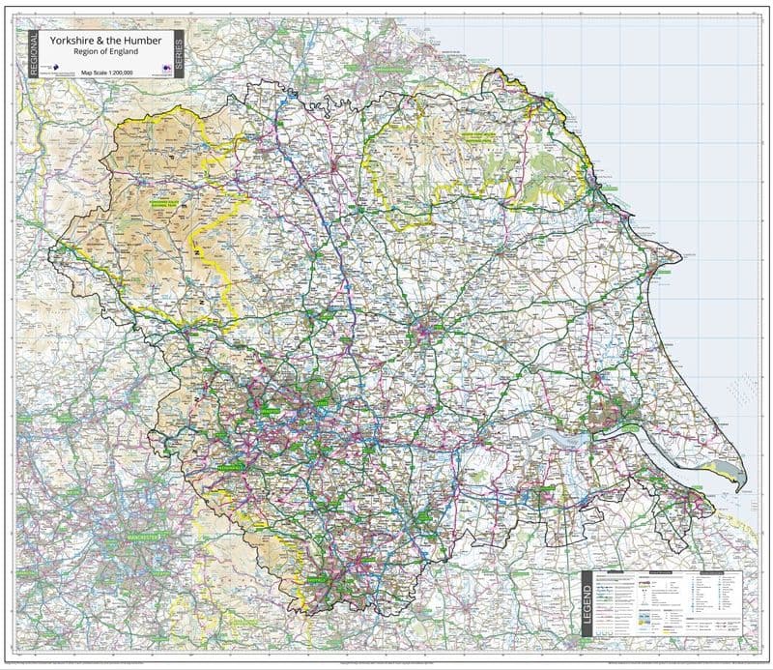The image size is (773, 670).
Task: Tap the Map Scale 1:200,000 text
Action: pyautogui.click(x=108, y=73)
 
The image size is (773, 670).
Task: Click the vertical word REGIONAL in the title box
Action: pyautogui.click(x=33, y=52)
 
